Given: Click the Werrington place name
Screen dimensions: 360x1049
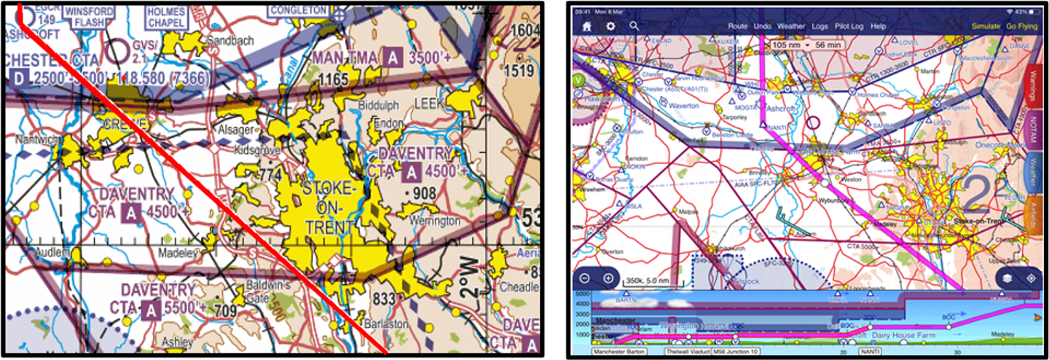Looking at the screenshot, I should coord(435,220).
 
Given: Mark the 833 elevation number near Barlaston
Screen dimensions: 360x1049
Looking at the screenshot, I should coord(383,297).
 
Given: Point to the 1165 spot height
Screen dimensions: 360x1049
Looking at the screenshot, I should coord(334,78).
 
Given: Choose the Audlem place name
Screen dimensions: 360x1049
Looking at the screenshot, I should coord(54,252).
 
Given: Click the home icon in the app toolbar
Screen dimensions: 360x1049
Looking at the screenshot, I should coord(586,26).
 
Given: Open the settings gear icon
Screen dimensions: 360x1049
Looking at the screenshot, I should coord(610,26).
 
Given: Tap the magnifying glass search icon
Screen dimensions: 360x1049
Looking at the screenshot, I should coord(634,26).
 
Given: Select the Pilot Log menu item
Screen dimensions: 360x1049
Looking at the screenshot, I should coord(849,26).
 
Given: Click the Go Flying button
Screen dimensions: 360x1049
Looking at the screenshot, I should coord(1021,26).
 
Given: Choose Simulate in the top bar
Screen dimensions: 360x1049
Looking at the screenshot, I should coord(986,26).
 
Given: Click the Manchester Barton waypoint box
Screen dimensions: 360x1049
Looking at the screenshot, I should coord(620,351).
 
